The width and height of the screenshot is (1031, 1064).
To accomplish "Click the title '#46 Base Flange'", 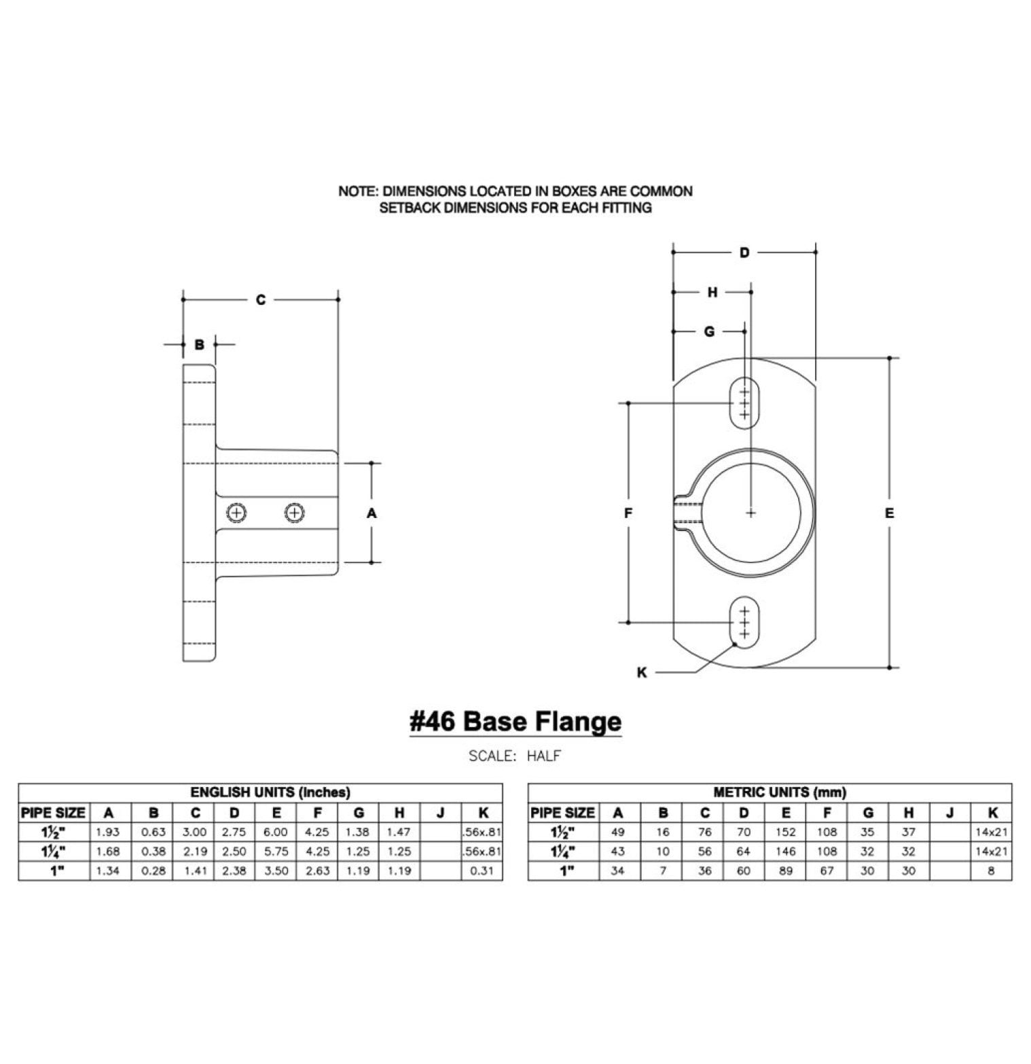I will (515, 721).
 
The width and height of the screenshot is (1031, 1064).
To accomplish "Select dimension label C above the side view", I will (260, 299).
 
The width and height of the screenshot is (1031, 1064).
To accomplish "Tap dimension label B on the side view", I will (199, 345).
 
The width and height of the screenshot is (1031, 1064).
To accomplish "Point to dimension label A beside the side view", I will (372, 513).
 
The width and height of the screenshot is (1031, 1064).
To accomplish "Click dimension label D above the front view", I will (744, 253).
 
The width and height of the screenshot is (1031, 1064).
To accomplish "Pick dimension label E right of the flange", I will (889, 513).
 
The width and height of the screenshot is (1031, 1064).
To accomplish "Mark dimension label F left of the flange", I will (628, 513).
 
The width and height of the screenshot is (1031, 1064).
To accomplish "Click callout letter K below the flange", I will (642, 673).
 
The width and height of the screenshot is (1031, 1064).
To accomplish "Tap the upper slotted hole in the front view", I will (744, 403).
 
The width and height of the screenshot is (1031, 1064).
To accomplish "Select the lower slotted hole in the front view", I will (744, 622).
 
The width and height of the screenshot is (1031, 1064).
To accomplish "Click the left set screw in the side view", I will (236, 513).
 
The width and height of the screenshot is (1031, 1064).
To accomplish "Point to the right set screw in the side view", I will (293, 513).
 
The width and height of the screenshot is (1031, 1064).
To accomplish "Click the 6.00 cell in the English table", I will (276, 832).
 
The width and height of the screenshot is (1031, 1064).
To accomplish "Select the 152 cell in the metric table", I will (786, 832).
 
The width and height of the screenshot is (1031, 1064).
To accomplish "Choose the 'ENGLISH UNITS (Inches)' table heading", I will (270, 792).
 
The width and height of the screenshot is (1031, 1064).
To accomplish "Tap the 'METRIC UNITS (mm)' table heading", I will (780, 792).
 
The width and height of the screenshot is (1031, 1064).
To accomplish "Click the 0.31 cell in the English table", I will (482, 870).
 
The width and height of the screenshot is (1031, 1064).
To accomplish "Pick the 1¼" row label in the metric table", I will (563, 851).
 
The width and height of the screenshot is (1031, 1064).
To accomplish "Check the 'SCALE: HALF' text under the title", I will (515, 756).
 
